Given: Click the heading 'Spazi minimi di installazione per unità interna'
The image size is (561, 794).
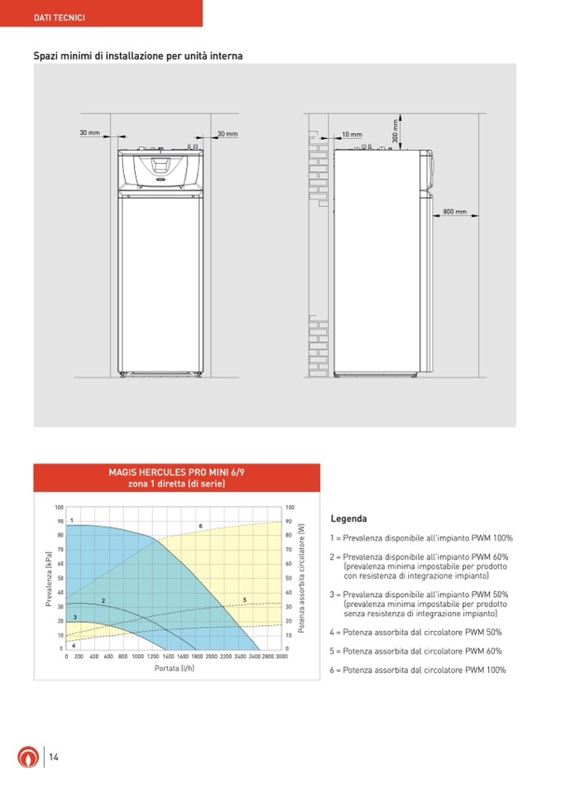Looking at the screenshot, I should point(137,56).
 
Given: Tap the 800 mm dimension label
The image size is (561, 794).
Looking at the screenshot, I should point(454,212).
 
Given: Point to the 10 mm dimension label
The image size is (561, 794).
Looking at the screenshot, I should point(352,134).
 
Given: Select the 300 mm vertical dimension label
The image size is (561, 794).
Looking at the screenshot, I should point(396,130).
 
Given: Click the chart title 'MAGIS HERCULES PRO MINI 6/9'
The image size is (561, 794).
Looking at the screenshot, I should point(176,472).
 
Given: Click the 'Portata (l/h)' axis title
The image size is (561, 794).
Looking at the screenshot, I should point(175,667).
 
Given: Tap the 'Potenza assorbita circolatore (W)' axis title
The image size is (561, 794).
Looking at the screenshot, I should point(302,578).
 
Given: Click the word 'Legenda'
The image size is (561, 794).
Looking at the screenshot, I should point(348,519).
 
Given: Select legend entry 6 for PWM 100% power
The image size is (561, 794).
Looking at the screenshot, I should point(418,670).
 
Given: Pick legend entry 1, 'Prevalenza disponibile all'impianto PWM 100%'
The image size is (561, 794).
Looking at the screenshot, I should point(421,538).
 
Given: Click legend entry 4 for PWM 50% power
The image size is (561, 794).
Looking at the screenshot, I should point(415,632).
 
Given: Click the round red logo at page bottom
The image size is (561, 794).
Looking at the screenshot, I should point(27,757).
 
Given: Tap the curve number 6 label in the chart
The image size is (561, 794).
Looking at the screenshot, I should point(200,526).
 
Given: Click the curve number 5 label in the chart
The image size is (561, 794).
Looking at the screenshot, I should point(244,599).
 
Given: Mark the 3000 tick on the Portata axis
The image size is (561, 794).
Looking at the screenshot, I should point(281,655).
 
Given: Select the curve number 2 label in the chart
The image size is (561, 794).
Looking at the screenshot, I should point(103,599).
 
